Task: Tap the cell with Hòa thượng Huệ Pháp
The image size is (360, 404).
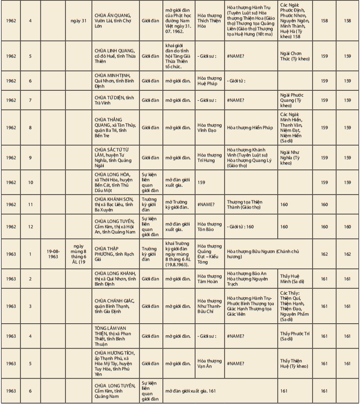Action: click(x=210, y=81)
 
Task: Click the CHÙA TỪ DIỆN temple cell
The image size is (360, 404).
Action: click(x=115, y=100)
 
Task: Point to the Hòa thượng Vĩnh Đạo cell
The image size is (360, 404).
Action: click(x=210, y=128)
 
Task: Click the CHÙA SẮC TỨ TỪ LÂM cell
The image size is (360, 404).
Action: click(x=115, y=158)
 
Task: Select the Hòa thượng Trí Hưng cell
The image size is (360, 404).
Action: click(x=210, y=158)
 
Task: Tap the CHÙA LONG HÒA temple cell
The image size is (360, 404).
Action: click(x=115, y=183)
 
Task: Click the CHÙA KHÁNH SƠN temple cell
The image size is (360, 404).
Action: click(x=115, y=205)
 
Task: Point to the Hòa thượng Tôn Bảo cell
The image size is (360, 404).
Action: click(x=210, y=227)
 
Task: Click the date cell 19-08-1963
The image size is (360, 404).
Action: click(x=53, y=254)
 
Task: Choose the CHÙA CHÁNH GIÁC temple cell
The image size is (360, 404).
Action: click(x=115, y=306)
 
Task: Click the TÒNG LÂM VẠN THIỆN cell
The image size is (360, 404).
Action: click(x=115, y=336)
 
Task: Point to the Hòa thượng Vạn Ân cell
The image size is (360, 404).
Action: click(x=210, y=364)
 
